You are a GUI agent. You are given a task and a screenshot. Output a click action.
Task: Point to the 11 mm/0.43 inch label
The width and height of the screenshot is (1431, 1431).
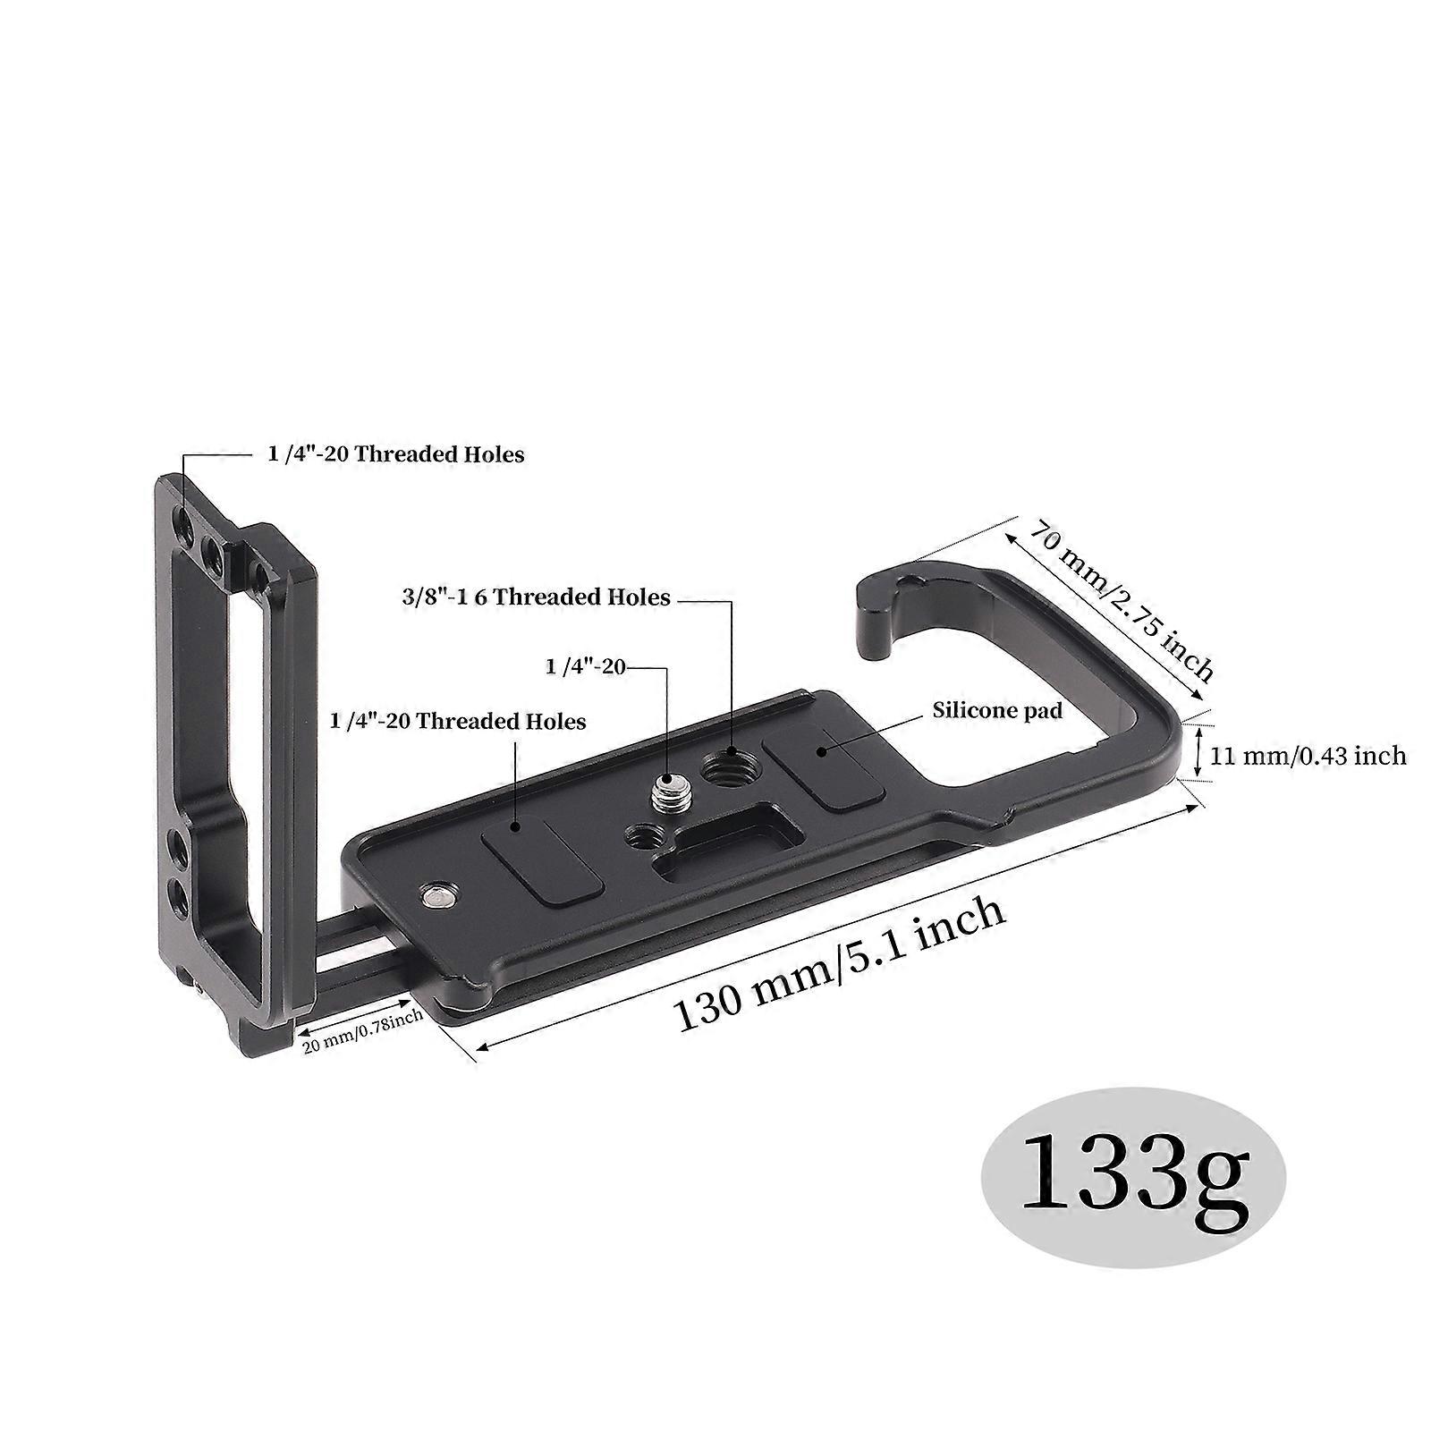click(x=1308, y=756)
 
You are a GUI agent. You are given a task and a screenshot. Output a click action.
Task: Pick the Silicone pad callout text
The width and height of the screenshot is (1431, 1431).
click(x=997, y=710)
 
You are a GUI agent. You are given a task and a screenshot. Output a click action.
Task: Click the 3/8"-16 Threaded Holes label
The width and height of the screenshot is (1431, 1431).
click(x=536, y=597)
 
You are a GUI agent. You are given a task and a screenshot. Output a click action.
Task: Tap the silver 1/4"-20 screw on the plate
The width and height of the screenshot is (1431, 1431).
click(x=666, y=790)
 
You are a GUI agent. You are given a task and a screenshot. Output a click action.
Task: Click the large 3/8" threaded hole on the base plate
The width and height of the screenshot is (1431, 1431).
click(x=727, y=767)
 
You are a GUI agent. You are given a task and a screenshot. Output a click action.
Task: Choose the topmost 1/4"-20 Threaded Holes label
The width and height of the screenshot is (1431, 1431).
click(x=395, y=453)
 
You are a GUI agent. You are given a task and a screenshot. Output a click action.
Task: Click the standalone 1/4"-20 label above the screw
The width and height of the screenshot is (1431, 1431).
click(x=585, y=666)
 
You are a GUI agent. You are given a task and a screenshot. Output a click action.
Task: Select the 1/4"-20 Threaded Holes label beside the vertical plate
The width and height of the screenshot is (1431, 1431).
click(x=458, y=721)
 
